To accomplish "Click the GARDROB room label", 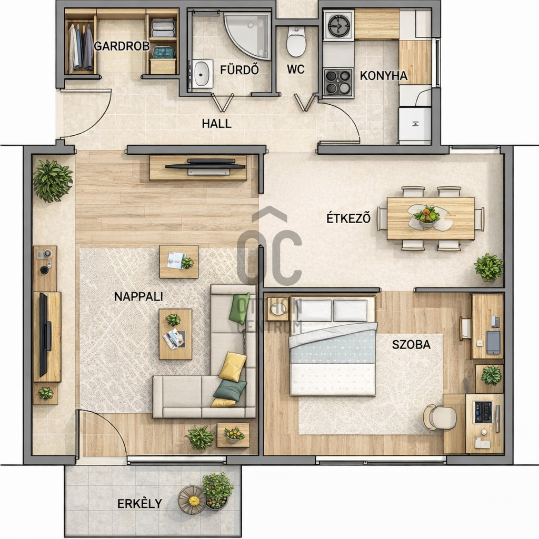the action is [x=122, y=46].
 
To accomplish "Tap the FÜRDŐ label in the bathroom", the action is [x=239, y=70].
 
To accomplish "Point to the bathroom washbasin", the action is [x=202, y=74].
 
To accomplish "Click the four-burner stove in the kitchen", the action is [x=338, y=82].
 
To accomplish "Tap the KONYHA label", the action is [x=383, y=76].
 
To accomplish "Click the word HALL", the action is [x=216, y=123].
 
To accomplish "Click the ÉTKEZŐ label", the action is [x=348, y=218].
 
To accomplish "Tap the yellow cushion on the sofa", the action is [x=233, y=366].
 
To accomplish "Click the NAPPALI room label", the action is [x=138, y=296].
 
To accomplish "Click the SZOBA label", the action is [x=411, y=344].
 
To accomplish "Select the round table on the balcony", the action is [x=192, y=500].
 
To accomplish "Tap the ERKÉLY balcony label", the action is [x=139, y=504].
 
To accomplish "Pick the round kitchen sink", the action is [x=338, y=26].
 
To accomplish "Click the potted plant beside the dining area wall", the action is [x=488, y=267].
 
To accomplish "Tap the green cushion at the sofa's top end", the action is [x=239, y=308].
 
